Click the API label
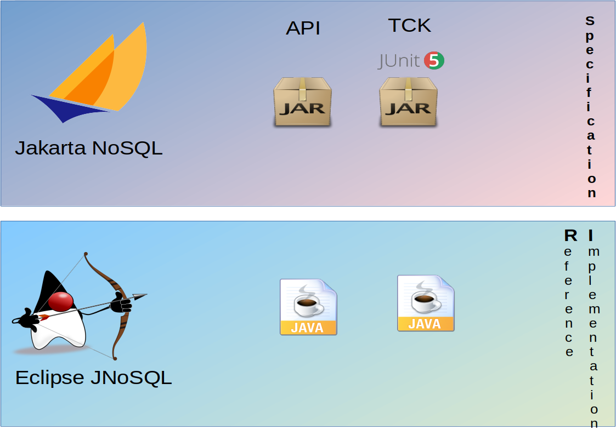click(303, 28)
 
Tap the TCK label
click(409, 25)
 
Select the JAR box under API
click(302, 102)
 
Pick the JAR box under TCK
click(408, 102)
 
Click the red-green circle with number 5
click(434, 60)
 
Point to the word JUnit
click(399, 61)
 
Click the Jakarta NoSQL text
click(89, 148)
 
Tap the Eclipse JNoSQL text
click(93, 377)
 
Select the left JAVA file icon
click(308, 307)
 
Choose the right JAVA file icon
click(426, 303)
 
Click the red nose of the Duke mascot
click(60, 301)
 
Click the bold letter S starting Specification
click(590, 21)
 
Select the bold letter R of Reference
click(570, 236)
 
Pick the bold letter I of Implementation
click(591, 236)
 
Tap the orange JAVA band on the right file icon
click(426, 324)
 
